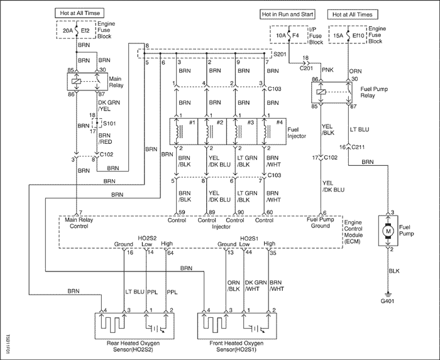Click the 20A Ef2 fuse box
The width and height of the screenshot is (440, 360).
(x=76, y=30)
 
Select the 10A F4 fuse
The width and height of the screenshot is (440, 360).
(x=289, y=35)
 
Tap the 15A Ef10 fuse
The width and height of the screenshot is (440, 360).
(x=348, y=35)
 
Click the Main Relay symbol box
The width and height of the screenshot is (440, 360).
(x=87, y=82)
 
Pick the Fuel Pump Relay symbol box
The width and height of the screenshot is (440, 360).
(x=332, y=92)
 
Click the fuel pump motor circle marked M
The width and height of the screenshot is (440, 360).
(x=388, y=231)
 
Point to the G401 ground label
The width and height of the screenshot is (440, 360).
(x=387, y=301)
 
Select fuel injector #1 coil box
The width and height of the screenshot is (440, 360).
(x=184, y=131)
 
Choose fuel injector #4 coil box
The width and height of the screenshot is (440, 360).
(x=272, y=131)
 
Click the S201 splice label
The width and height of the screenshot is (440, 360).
(x=280, y=54)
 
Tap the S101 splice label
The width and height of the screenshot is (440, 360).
(x=109, y=123)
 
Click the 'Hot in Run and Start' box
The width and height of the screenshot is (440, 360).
(x=287, y=14)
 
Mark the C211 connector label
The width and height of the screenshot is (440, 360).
(x=358, y=147)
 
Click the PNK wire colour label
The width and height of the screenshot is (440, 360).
(x=327, y=70)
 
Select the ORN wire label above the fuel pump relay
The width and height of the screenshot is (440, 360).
(x=356, y=71)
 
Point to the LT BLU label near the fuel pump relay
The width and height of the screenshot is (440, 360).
(x=360, y=129)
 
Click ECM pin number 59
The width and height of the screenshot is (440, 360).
(x=182, y=212)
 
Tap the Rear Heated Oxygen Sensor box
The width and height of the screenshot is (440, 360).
(x=135, y=326)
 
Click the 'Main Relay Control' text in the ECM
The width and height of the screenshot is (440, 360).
(x=79, y=223)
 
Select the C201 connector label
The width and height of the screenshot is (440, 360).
(x=306, y=68)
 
